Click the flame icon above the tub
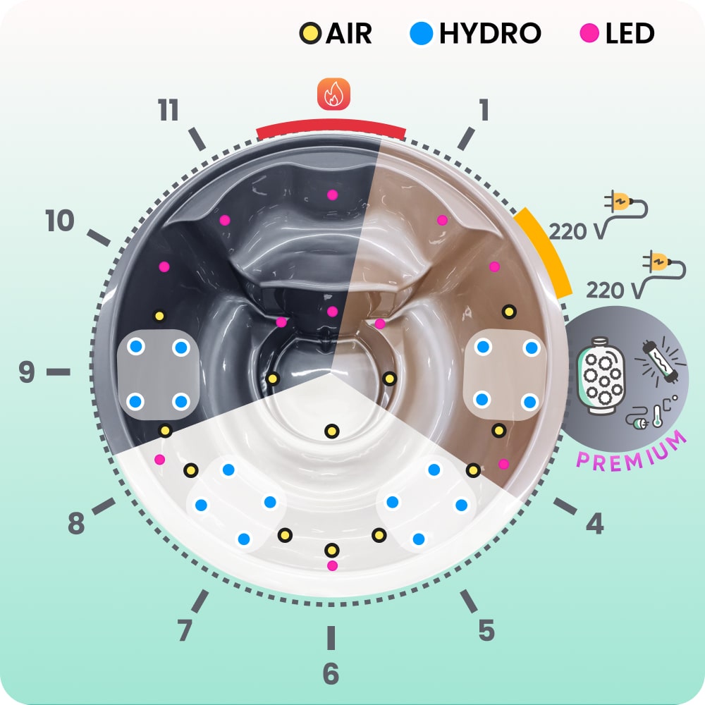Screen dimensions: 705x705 (333, 94)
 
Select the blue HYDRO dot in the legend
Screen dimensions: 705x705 (420, 33)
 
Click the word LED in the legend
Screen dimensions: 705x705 (630, 33)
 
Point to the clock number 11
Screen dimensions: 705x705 (168, 111)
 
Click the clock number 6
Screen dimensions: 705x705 (330, 674)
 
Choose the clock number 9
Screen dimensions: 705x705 (27, 372)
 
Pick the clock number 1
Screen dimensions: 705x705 (484, 110)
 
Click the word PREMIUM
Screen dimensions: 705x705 (632, 451)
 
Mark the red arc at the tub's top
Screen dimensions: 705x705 (331, 129)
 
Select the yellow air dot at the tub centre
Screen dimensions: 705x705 (331, 431)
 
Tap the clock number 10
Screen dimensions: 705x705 (60, 221)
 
